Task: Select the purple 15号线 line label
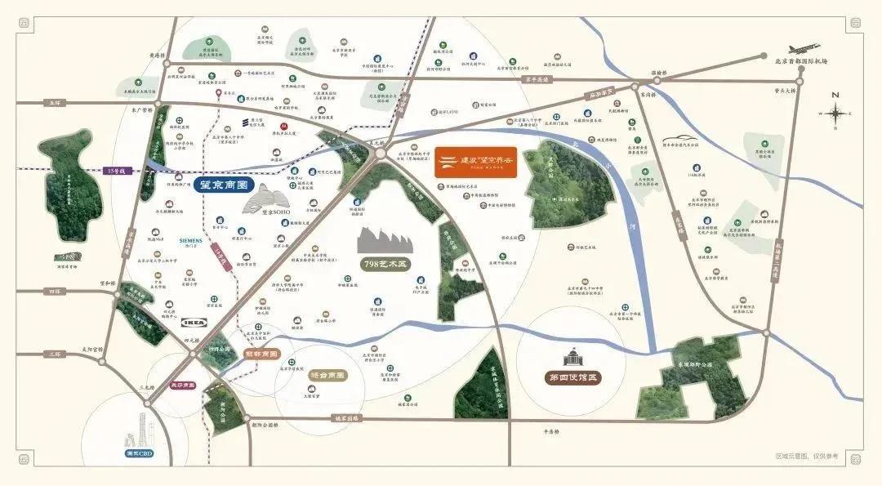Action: coord(117,172)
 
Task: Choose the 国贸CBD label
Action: coord(138,453)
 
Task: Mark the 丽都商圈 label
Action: coord(261,354)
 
